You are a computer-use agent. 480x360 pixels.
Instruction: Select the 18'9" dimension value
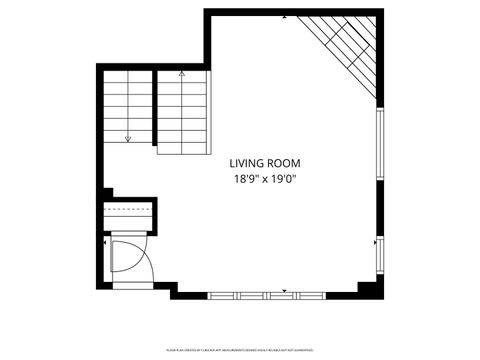(x=248, y=179)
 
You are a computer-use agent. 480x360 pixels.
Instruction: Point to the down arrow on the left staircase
(x=128, y=138)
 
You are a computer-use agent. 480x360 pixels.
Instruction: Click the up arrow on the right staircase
(x=181, y=74)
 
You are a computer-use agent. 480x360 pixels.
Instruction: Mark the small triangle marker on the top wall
(x=286, y=18)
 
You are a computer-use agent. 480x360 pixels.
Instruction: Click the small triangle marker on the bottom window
(x=286, y=290)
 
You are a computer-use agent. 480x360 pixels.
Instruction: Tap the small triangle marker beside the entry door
(x=106, y=240)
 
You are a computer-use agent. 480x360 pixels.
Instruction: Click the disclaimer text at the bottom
(x=240, y=350)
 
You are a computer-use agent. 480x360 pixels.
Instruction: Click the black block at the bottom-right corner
(x=369, y=289)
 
